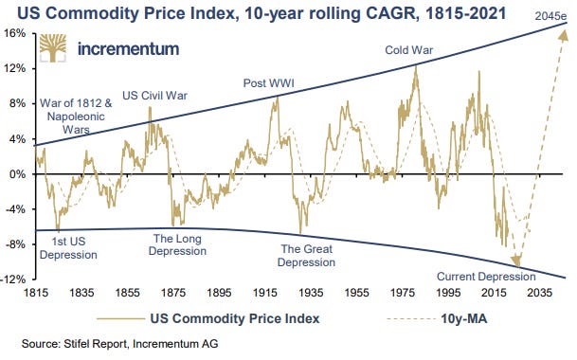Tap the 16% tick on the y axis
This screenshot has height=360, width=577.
[17, 32]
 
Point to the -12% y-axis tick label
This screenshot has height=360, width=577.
[15, 280]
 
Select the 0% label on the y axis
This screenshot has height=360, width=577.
[17, 174]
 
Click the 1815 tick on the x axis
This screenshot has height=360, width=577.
[36, 294]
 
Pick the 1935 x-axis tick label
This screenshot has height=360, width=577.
[303, 294]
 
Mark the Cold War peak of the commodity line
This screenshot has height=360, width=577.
[415, 66]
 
